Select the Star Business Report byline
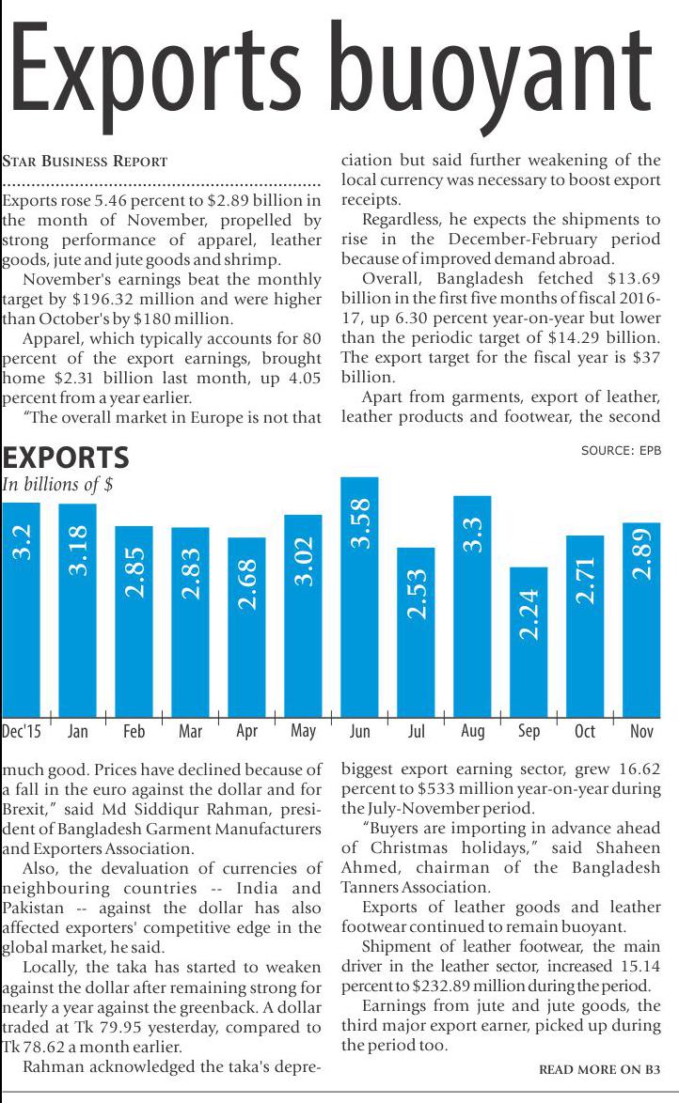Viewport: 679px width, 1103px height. pos(86,161)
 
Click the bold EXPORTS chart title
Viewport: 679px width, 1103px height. pos(66,458)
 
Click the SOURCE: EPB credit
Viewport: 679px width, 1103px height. pos(621,451)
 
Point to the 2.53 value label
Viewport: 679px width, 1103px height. pos(416,593)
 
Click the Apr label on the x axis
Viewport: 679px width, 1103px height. pos(246,731)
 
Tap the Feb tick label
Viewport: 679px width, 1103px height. pos(134,731)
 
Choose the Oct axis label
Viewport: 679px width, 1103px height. pos(585,731)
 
